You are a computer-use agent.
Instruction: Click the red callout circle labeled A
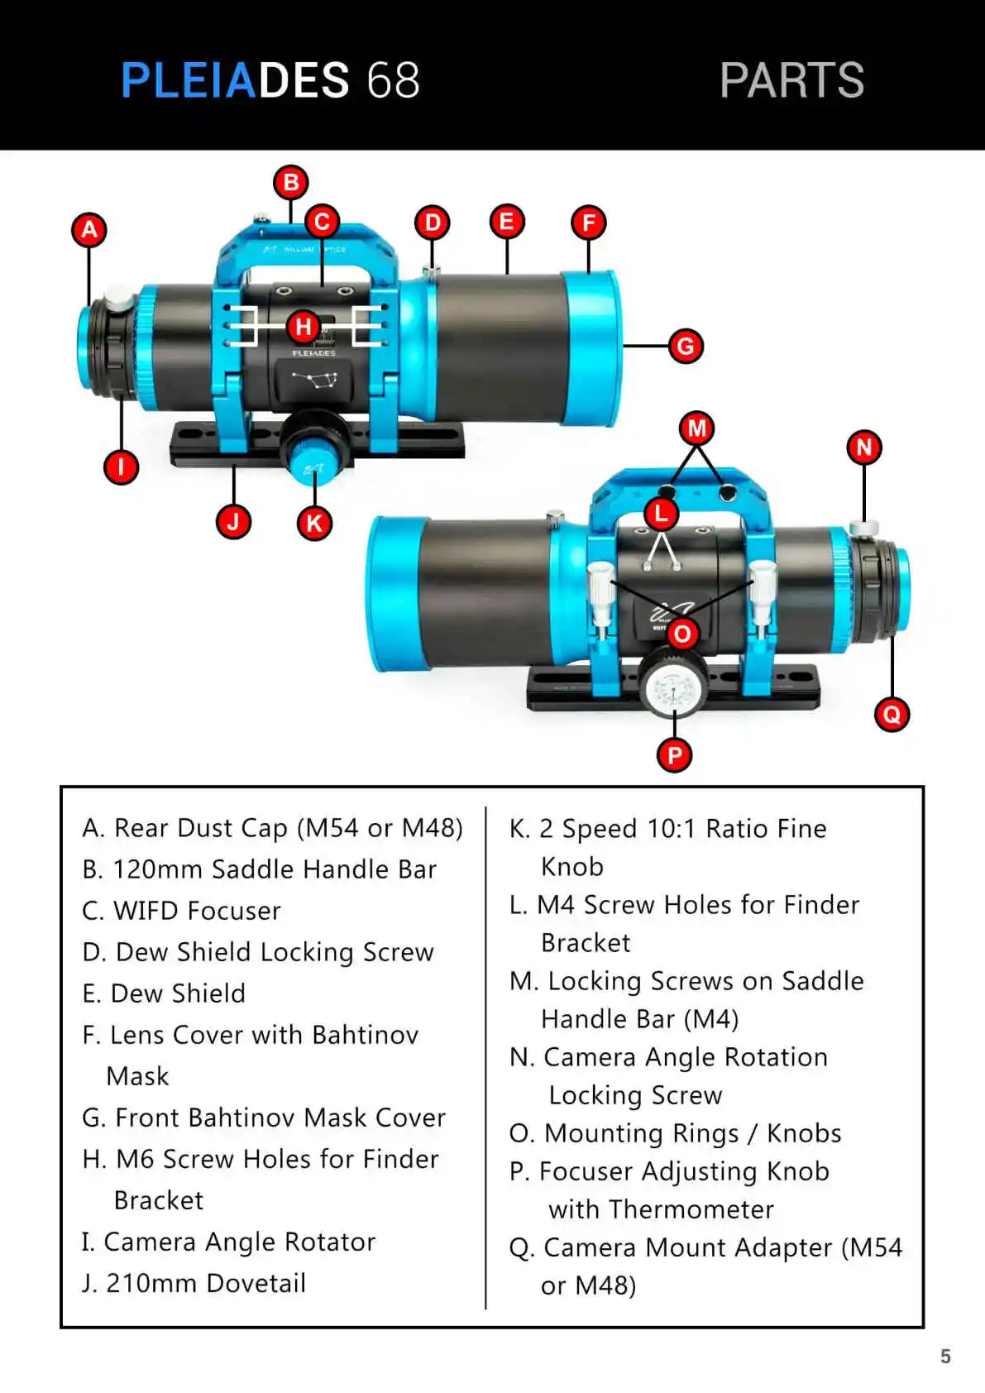coord(89,229)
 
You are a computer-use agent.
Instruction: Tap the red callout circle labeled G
coord(686,346)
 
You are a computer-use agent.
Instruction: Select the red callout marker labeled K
coord(314,523)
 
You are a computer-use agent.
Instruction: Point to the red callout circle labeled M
coord(697,428)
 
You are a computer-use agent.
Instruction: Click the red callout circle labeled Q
coord(892,714)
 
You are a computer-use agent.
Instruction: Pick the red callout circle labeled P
coord(675,754)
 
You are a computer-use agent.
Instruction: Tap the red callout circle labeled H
coord(304,327)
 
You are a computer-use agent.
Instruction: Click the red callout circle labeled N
coord(864,448)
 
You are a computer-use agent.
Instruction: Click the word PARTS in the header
coord(791,80)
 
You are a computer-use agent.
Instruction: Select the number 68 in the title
coord(393,80)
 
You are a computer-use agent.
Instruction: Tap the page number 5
coord(945,1357)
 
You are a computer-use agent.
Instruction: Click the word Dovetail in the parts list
coord(256,1283)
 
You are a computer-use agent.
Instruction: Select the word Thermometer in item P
coord(691,1209)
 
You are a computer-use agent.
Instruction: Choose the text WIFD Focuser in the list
coord(197,911)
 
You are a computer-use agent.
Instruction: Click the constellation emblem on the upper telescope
coord(314,381)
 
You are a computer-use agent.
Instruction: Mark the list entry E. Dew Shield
coord(164,993)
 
